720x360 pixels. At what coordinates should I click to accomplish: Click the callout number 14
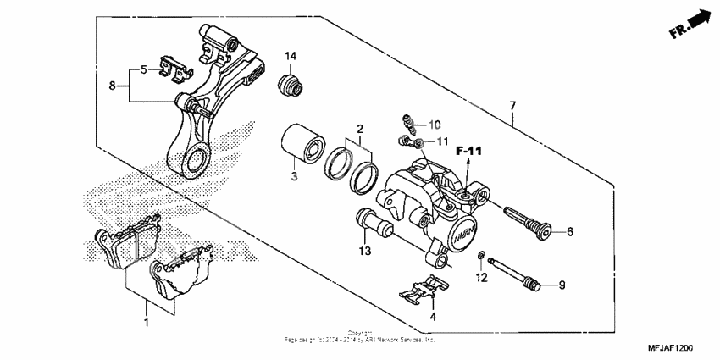pos(291,56)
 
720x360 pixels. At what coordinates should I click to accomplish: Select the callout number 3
pos(294,176)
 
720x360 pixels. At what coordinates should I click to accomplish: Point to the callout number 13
pos(364,252)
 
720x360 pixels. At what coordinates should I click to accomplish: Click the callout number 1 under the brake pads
pos(146,324)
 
